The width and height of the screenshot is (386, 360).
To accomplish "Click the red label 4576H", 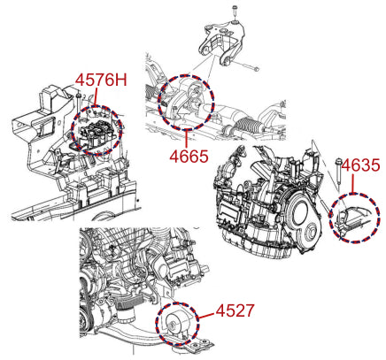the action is tap(101, 80).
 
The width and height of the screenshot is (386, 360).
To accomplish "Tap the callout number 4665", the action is tap(189, 156).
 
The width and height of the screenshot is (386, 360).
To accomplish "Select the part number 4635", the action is tap(360, 165).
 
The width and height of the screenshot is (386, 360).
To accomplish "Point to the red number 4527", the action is tap(235, 310).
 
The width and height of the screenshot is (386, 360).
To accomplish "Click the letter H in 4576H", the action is tap(122, 80).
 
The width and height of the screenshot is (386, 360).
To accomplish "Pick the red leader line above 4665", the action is tap(187, 139).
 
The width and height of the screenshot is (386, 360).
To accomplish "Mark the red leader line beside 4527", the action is tap(206, 316).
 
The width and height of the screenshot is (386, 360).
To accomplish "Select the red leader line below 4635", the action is tap(353, 184).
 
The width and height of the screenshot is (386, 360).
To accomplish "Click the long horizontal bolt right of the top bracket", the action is tap(247, 66).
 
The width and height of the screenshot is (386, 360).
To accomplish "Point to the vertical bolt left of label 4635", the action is tap(338, 173).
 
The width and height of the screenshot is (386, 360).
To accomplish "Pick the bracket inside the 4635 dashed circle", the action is tap(352, 218).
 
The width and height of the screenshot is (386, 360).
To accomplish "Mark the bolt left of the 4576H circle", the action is tap(78, 103).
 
